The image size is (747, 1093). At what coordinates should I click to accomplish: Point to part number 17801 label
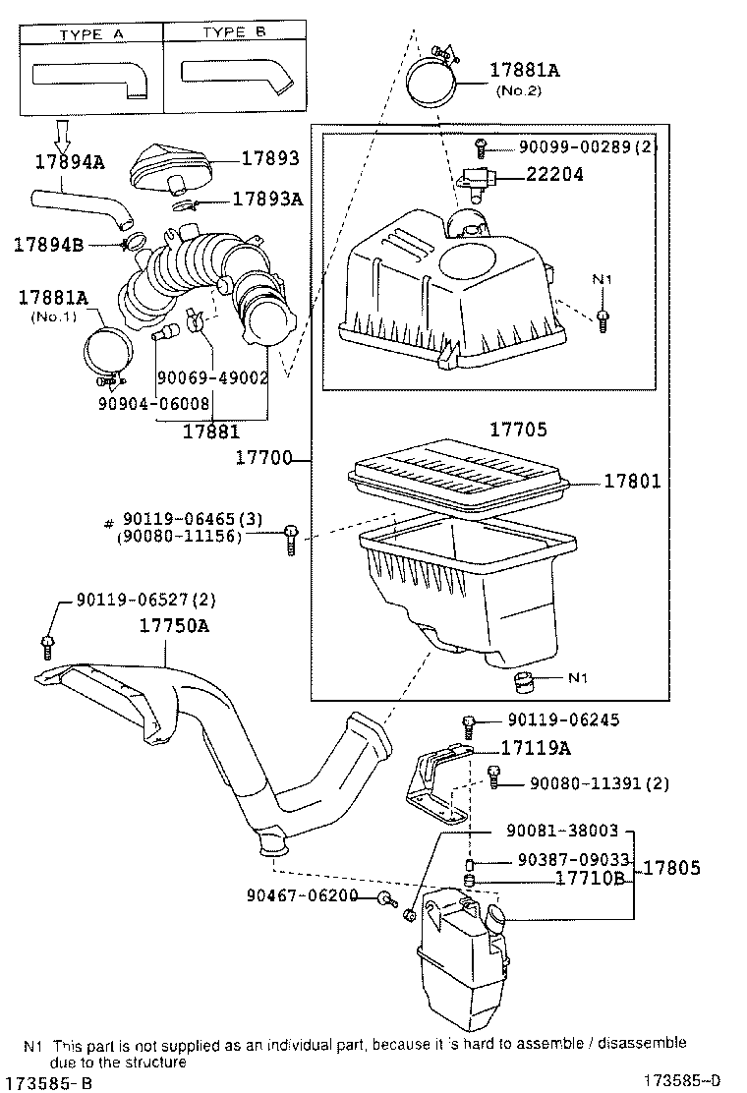coord(632,482)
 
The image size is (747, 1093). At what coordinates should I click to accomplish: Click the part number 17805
coord(672,868)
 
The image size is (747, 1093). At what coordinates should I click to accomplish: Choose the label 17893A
coord(266,199)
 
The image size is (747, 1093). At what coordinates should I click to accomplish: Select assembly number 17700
coord(269,458)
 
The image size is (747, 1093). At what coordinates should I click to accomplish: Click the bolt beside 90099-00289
coord(481,148)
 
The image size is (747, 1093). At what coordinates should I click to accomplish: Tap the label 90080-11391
coord(600,782)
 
